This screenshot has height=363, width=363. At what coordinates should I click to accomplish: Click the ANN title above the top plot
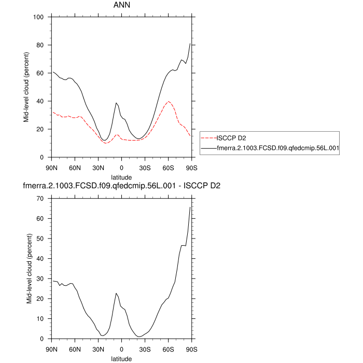121,6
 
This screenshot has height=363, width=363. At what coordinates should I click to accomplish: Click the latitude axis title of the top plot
121,177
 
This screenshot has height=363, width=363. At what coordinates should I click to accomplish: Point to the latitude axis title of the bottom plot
121,358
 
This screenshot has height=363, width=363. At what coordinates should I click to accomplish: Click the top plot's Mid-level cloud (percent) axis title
26,87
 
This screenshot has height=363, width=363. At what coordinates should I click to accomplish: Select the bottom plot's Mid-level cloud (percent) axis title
26,269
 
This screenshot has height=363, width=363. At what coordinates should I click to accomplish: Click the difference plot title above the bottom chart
121,186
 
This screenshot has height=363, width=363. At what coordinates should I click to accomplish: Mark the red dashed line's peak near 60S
169,102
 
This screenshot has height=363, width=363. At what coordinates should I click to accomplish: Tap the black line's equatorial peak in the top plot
116,103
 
